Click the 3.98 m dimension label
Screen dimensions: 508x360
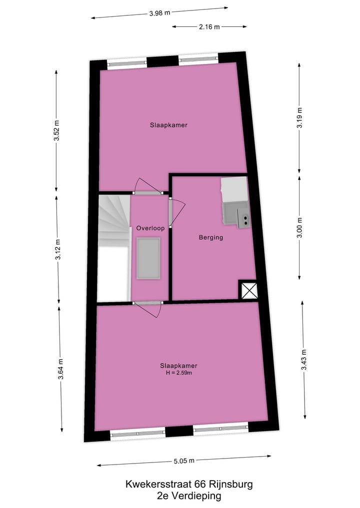click(x=159, y=13)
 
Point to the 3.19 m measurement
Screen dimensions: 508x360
click(x=299, y=118)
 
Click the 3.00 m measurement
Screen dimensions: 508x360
click(x=299, y=228)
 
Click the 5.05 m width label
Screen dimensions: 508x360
click(x=183, y=461)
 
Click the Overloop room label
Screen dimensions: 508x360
click(x=150, y=228)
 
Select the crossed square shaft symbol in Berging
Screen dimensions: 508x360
click(x=248, y=290)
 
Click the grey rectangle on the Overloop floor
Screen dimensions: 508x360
click(x=149, y=259)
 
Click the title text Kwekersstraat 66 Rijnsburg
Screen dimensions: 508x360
click(x=189, y=484)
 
